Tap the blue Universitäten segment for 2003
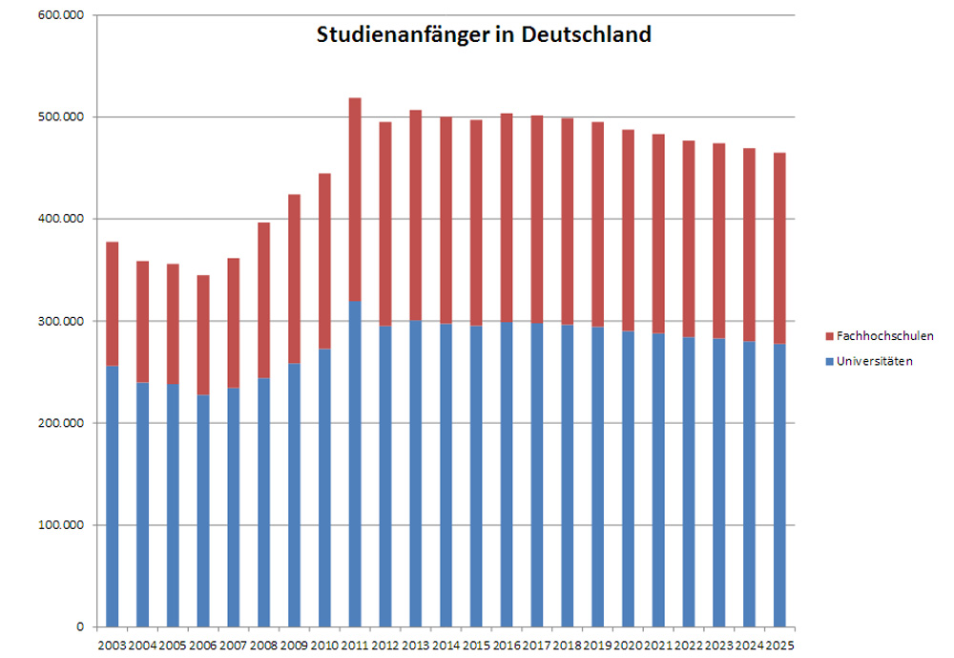click(x=113, y=496)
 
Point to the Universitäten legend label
click(x=874, y=361)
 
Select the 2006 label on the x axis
click(x=203, y=646)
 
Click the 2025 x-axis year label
click(x=779, y=646)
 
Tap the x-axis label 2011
click(x=355, y=646)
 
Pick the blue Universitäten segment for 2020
click(x=628, y=478)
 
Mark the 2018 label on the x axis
click(x=568, y=646)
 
